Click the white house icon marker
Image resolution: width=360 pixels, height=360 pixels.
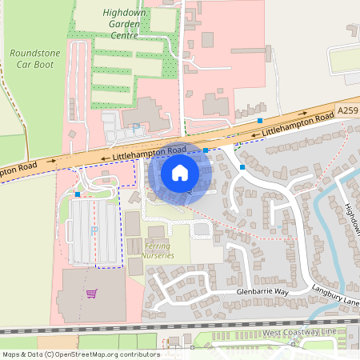[x=180, y=172]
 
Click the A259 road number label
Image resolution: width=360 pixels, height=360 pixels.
[x=348, y=110]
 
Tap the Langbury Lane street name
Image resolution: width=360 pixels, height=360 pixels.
[x=336, y=296]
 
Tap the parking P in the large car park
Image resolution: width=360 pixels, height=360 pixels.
[x=94, y=230]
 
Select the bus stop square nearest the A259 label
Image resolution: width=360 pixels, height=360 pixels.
[x=260, y=121]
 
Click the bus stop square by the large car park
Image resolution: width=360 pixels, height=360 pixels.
[x=77, y=194]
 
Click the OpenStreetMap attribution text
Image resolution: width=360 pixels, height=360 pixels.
[x=80, y=354]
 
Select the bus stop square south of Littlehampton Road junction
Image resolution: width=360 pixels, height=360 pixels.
[x=242, y=166]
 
